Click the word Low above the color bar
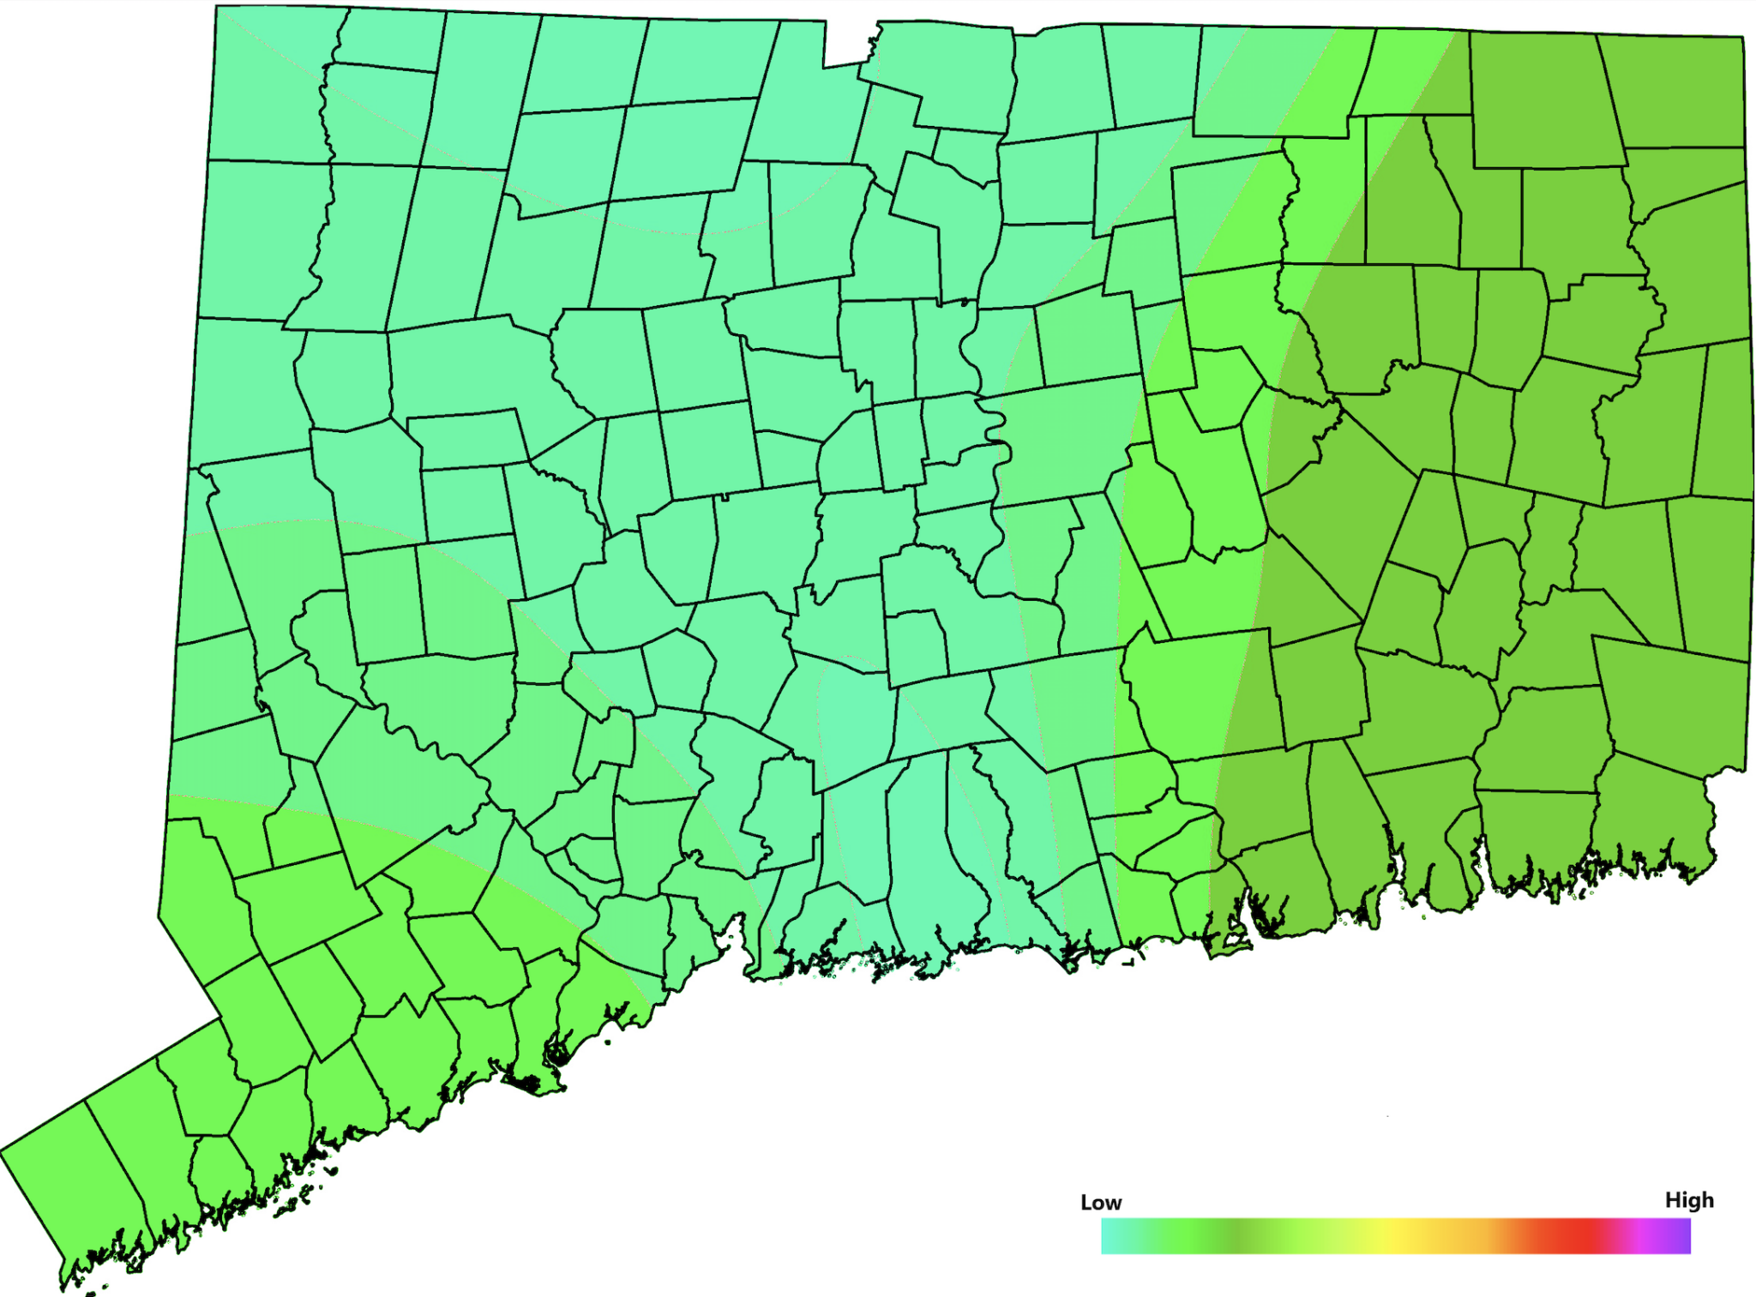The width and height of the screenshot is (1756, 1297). point(1101,1202)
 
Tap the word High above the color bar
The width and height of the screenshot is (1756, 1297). point(1688,1199)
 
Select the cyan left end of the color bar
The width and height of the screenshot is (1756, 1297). point(1108,1236)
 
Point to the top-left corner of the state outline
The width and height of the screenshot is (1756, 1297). point(216,7)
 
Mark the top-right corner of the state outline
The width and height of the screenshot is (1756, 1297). point(1742,38)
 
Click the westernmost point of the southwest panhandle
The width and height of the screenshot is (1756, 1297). point(3,1151)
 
